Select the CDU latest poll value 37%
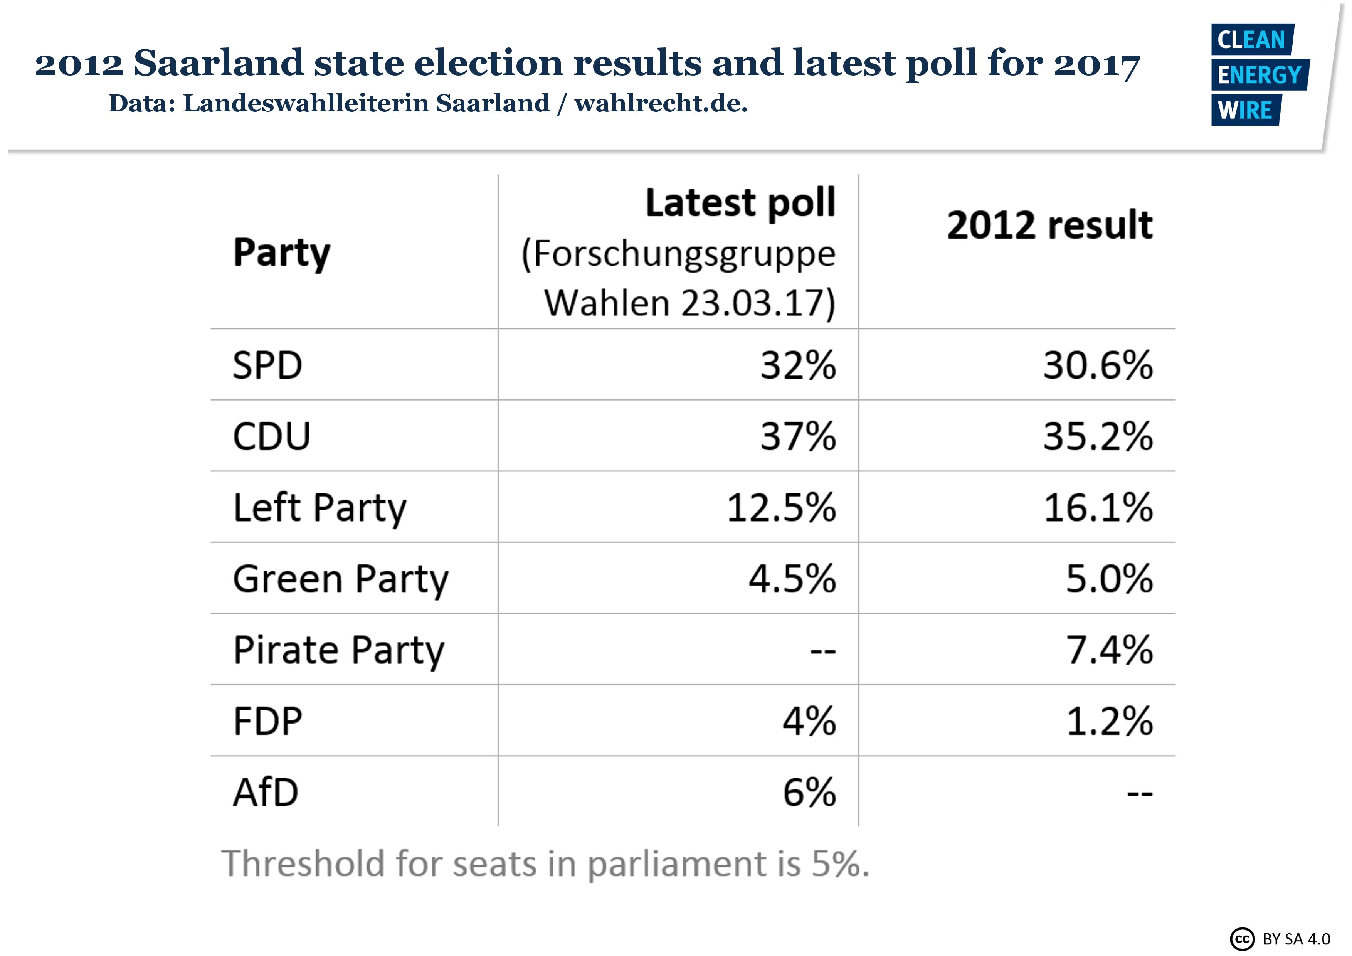click(x=798, y=436)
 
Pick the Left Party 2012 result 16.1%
click(x=1098, y=508)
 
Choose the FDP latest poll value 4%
click(x=809, y=722)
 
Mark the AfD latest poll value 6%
click(x=809, y=793)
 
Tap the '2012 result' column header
click(x=1049, y=225)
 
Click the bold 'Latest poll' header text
click(x=740, y=203)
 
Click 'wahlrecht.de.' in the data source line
click(x=661, y=103)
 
